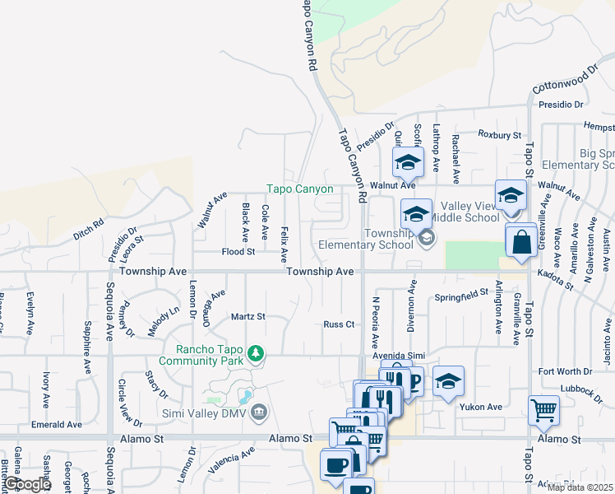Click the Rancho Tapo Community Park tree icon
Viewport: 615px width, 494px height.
257,354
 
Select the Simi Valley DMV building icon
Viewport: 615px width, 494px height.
258,411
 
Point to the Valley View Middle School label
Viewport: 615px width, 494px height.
469,212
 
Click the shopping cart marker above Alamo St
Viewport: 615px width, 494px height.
543,409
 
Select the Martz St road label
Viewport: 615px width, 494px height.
247,316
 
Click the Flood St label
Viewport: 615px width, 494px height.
238,251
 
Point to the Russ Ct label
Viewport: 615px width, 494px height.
338,324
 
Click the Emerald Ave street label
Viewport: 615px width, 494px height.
57,425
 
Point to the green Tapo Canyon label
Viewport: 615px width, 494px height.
299,189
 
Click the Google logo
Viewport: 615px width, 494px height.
27,484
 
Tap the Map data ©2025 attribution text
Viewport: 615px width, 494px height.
580,487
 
